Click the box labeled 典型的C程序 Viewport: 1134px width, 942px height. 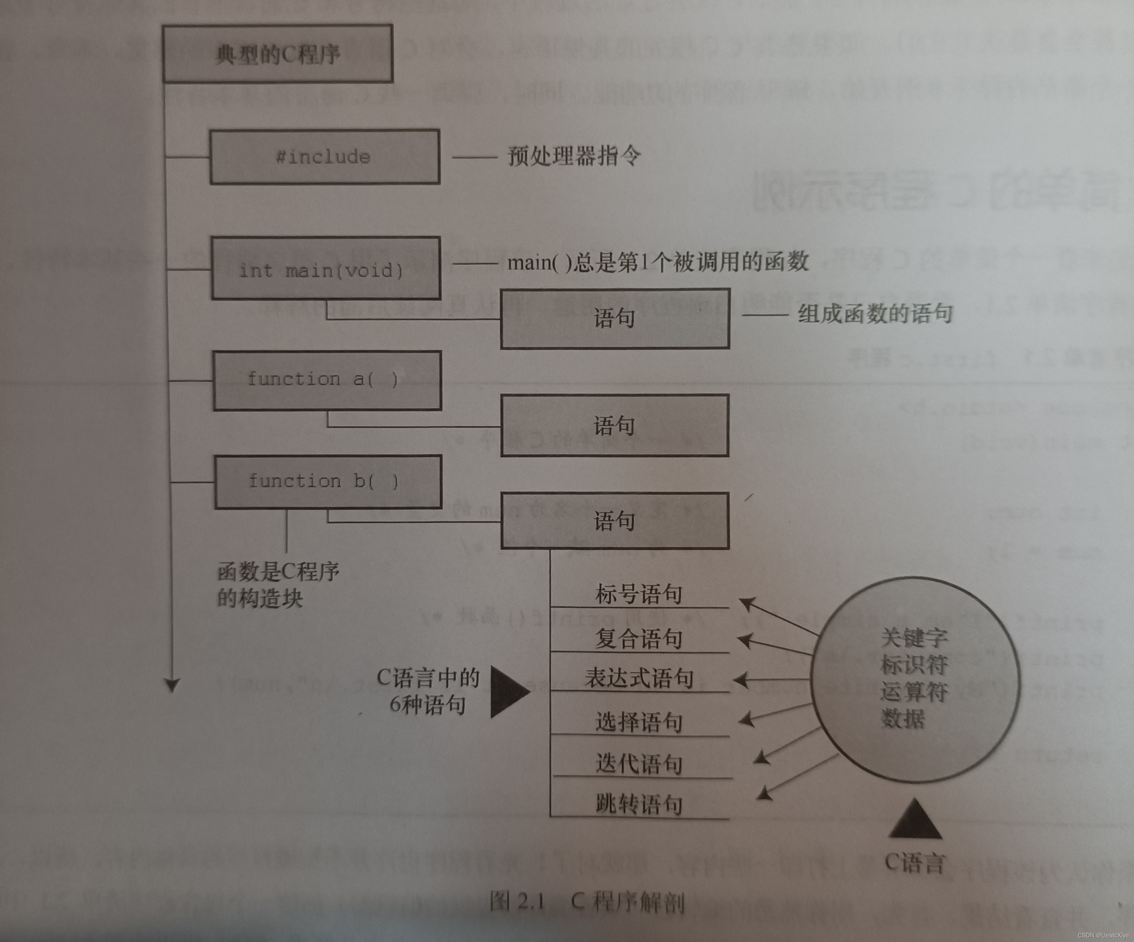[x=278, y=54]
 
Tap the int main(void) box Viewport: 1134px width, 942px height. [x=326, y=269]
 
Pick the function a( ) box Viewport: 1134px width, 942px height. [x=327, y=380]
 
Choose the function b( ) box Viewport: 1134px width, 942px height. [x=328, y=481]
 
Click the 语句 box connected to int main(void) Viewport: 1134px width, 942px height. [x=615, y=318]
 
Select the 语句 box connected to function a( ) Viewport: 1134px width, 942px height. [x=614, y=426]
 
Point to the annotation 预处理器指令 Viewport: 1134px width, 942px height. [x=574, y=156]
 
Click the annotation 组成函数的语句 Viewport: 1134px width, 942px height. [x=875, y=313]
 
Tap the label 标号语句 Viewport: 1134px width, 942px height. [x=639, y=594]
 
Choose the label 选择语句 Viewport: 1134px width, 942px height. [x=639, y=722]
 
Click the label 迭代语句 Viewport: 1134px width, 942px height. [x=639, y=764]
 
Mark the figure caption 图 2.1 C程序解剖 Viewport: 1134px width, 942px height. [x=588, y=901]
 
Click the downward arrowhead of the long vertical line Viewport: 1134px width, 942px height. [x=172, y=685]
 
